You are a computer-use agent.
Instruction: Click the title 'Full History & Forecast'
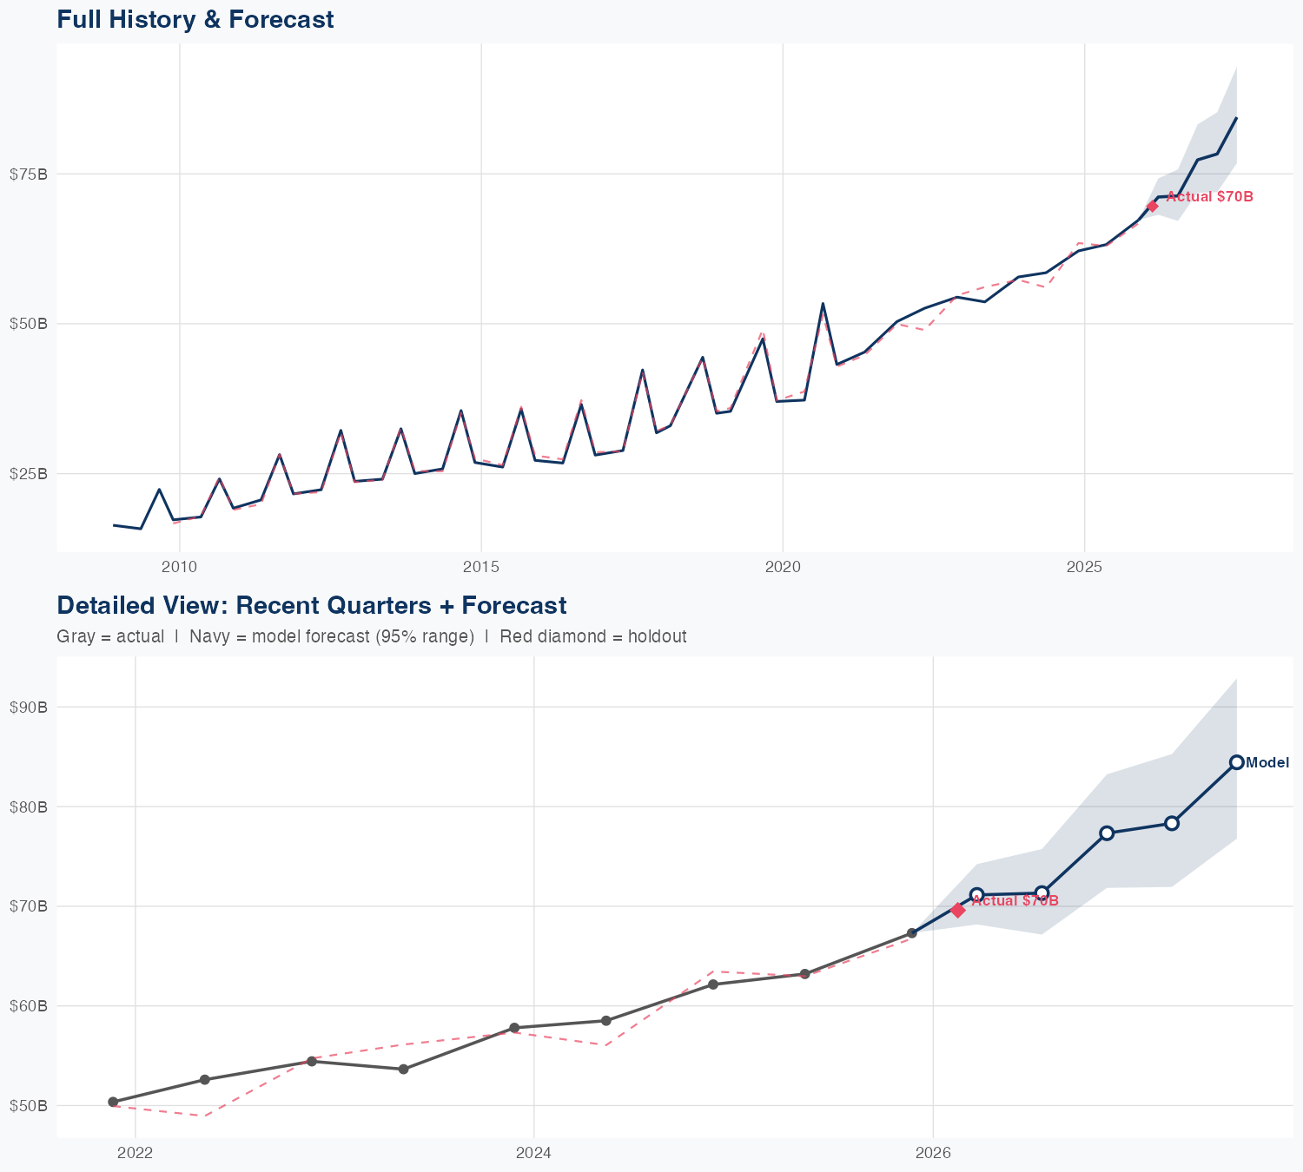pyautogui.click(x=195, y=19)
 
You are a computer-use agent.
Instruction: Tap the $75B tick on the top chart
pyautogui.click(x=29, y=174)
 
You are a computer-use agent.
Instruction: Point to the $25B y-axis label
pyautogui.click(x=29, y=474)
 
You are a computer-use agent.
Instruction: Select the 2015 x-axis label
pyautogui.click(x=481, y=567)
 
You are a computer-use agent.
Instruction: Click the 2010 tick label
pyautogui.click(x=179, y=567)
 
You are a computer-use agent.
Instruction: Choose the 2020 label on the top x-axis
pyautogui.click(x=783, y=567)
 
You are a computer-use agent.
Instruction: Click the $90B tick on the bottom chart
pyautogui.click(x=29, y=707)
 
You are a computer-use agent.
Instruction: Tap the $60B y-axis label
pyautogui.click(x=29, y=1006)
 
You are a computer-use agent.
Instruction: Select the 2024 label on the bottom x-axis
pyautogui.click(x=533, y=1153)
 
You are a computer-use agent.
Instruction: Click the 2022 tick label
pyautogui.click(x=135, y=1153)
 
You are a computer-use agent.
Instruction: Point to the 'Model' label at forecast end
pyautogui.click(x=1267, y=763)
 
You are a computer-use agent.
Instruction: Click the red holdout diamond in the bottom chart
pyautogui.click(x=958, y=910)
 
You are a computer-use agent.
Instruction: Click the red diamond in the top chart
pyautogui.click(x=1153, y=206)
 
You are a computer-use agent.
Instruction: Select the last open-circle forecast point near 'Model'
pyautogui.click(x=1237, y=762)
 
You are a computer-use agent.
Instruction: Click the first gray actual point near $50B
pyautogui.click(x=113, y=1102)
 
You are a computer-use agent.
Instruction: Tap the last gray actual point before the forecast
pyautogui.click(x=912, y=933)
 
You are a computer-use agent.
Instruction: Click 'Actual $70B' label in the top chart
pyautogui.click(x=1209, y=197)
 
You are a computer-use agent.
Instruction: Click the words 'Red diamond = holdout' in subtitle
pyautogui.click(x=592, y=636)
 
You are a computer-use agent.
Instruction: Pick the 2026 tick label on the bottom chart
pyautogui.click(x=932, y=1153)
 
